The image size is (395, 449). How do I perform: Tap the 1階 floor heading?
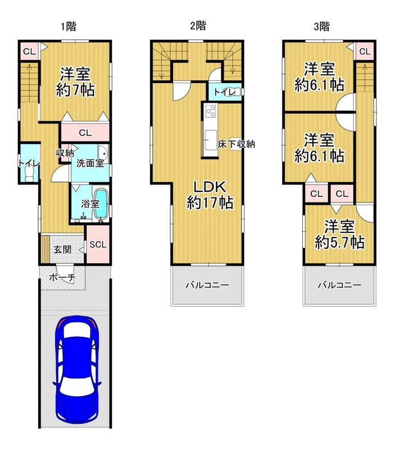(x=68, y=26)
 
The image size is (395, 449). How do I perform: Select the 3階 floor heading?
(x=321, y=26)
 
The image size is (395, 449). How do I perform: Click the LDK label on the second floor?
(x=210, y=187)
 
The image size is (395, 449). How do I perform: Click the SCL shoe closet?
(x=98, y=244)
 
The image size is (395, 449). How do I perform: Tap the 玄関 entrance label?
(x=62, y=249)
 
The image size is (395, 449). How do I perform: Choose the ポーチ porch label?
(x=62, y=277)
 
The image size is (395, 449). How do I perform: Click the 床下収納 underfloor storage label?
(x=236, y=144)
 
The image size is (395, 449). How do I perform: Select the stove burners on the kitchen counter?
(x=211, y=111)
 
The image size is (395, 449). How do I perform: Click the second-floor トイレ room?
(x=225, y=92)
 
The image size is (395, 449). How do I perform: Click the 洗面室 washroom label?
(x=90, y=163)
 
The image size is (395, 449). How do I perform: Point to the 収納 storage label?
(x=65, y=153)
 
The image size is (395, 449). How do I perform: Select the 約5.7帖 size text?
(x=339, y=242)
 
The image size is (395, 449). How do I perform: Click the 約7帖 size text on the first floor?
(x=75, y=90)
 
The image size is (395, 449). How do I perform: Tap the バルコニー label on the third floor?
(x=339, y=285)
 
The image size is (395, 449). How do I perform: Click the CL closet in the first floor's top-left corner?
(x=29, y=52)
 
